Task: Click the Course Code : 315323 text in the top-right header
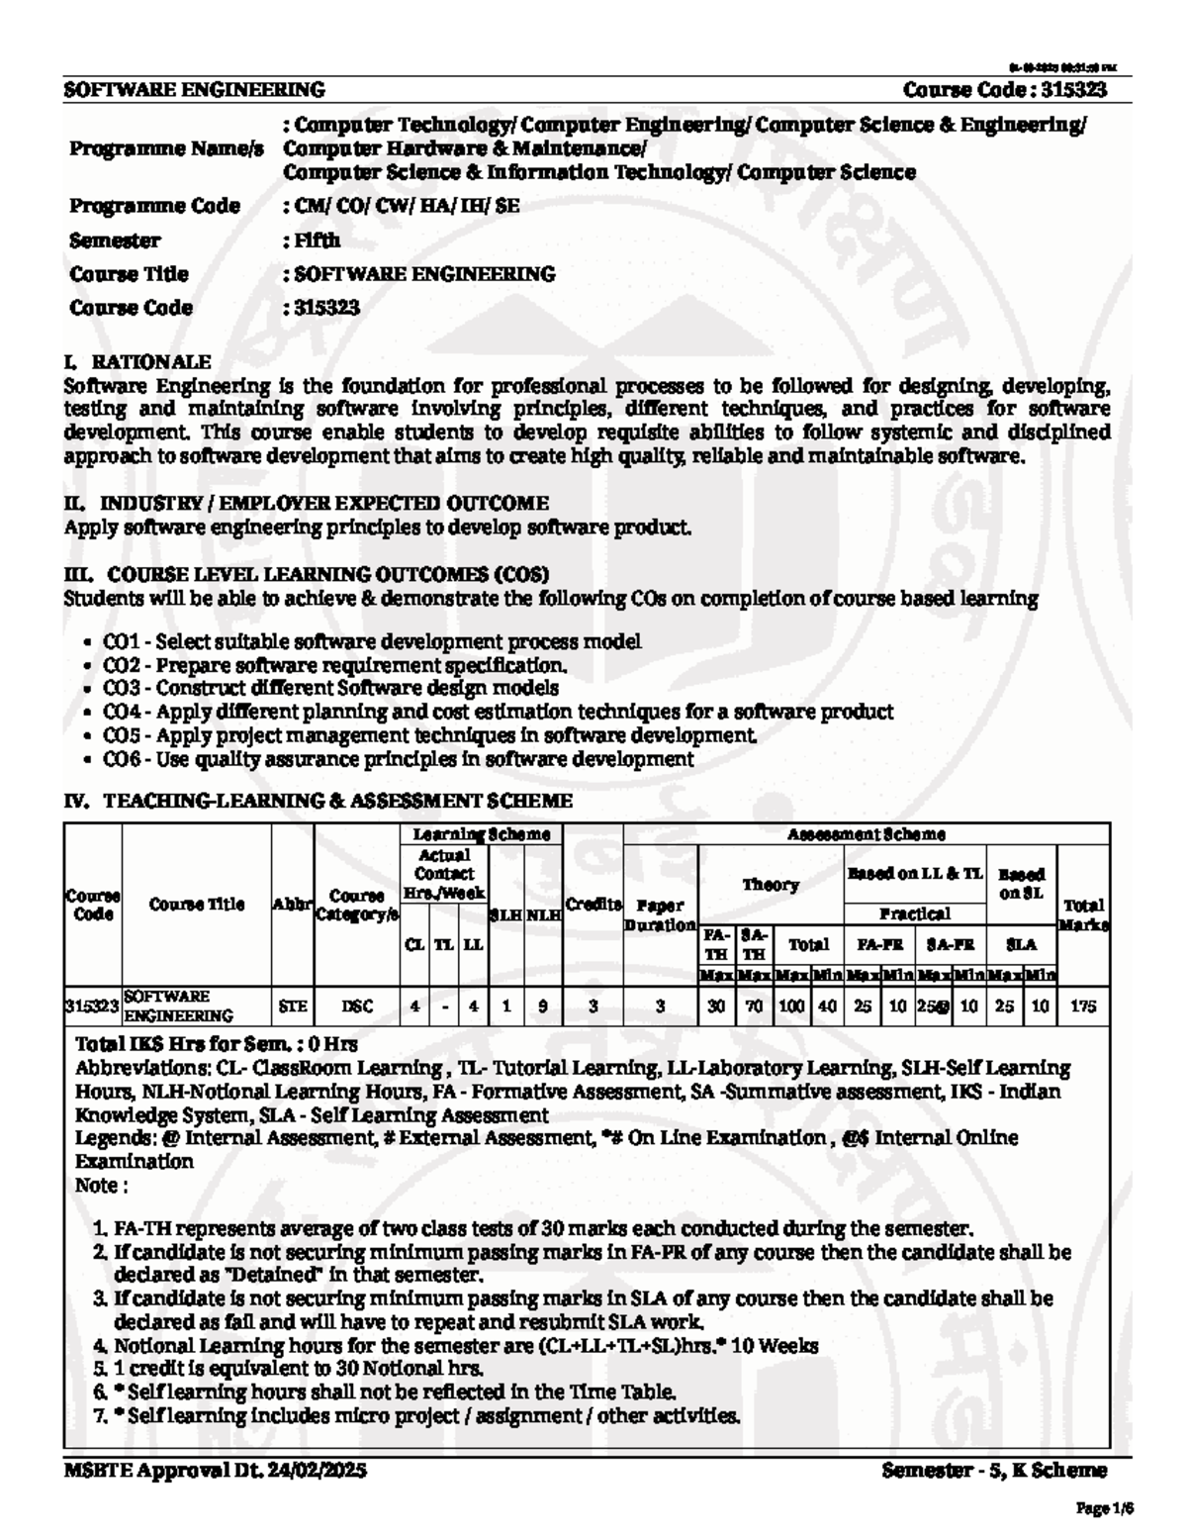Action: (1004, 90)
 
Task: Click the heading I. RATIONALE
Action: (137, 362)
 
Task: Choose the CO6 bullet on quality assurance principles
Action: (398, 759)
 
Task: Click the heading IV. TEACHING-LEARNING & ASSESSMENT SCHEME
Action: (318, 800)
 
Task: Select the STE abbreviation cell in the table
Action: (293, 1007)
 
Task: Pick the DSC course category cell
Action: (357, 1007)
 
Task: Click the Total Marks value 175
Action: (1083, 1007)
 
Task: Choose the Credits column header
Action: (593, 904)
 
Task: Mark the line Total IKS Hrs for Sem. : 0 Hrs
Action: (217, 1044)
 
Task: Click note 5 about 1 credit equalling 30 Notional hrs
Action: (298, 1369)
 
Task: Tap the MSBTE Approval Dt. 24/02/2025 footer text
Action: (216, 1471)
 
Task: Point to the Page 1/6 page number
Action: (1104, 1509)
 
